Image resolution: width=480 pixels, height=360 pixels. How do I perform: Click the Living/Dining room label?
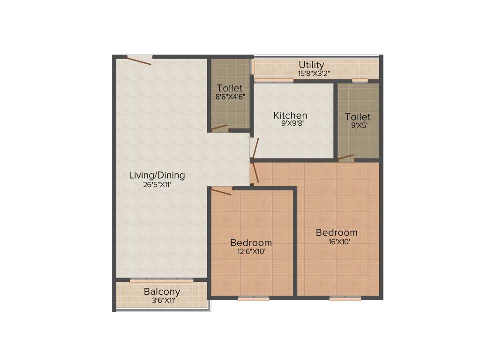pos(157,175)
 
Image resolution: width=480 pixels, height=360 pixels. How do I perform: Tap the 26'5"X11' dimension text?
pos(157,184)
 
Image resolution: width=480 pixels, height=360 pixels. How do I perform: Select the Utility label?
pos(311,65)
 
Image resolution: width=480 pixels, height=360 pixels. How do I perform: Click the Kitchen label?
pos(291,115)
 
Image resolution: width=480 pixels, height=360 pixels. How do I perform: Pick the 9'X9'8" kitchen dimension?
pos(291,124)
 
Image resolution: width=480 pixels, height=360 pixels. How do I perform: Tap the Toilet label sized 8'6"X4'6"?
pos(230,88)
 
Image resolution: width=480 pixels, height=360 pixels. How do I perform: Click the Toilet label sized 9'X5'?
pos(358,117)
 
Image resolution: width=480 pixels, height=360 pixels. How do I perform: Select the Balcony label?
pos(162,292)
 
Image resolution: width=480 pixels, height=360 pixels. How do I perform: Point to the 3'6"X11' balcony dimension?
pos(162,300)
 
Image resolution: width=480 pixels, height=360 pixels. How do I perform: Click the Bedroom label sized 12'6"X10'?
pos(251,243)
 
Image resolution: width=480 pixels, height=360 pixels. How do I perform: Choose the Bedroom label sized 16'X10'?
pos(337,232)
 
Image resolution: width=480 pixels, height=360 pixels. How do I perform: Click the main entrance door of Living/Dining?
pos(139,60)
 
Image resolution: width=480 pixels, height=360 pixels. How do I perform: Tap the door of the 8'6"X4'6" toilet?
pos(219,127)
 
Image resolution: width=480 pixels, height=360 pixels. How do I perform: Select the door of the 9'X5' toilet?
pos(346,157)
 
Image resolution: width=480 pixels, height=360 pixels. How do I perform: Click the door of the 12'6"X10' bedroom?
pos(221,191)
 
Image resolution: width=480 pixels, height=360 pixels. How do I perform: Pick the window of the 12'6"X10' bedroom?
pos(253,298)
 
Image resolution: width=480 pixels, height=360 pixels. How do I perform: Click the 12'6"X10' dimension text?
pos(251,252)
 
